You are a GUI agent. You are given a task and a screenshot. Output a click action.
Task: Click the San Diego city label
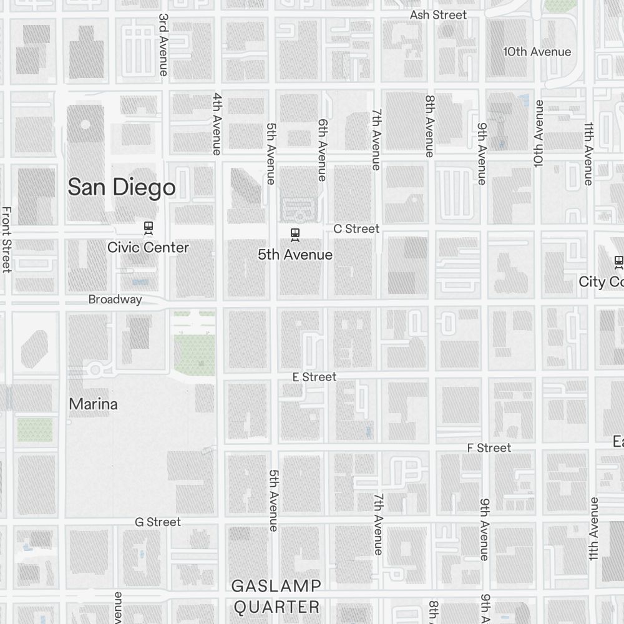122,187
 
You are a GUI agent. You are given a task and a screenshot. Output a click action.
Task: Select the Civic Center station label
148,247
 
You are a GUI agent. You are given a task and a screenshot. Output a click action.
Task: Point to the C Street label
356,229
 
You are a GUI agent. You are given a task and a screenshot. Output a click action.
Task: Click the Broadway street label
115,300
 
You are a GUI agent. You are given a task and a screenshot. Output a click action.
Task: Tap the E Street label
314,377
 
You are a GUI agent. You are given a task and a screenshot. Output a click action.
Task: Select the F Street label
489,448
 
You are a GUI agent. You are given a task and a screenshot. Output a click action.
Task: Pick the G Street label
158,522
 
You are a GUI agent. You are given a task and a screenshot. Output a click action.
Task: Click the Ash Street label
438,14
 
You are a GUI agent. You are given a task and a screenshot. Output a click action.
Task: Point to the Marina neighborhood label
93,404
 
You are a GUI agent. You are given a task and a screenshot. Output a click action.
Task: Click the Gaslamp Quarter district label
276,596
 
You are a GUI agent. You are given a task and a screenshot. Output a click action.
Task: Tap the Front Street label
7,240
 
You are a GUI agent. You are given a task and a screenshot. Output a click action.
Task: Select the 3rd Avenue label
163,45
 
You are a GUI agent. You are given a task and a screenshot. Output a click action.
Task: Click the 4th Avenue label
217,124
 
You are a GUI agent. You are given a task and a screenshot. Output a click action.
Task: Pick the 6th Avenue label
322,150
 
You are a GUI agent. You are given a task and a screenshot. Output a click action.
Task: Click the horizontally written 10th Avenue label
537,52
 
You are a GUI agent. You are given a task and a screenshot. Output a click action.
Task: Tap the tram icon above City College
618,261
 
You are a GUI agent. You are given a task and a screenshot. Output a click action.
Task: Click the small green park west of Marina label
35,429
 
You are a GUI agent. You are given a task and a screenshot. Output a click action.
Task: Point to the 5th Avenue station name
295,255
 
